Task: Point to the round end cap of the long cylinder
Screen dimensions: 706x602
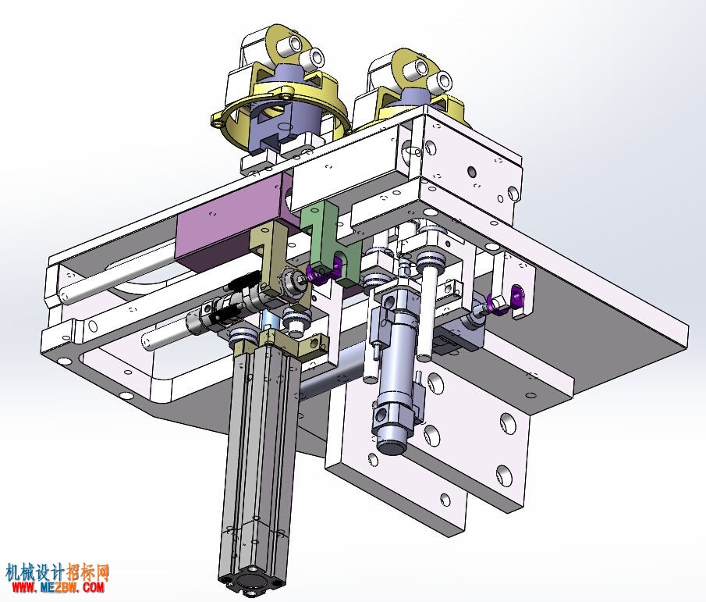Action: tap(249, 583)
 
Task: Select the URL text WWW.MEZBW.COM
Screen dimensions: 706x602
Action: tap(58, 588)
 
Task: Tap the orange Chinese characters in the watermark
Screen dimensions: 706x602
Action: tap(88, 572)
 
